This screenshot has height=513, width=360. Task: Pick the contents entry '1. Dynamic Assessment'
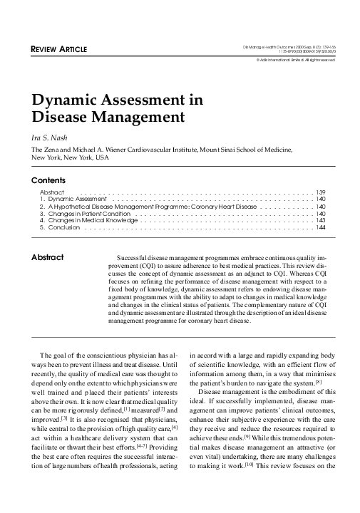73,199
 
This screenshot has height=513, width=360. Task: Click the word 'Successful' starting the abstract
130,256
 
